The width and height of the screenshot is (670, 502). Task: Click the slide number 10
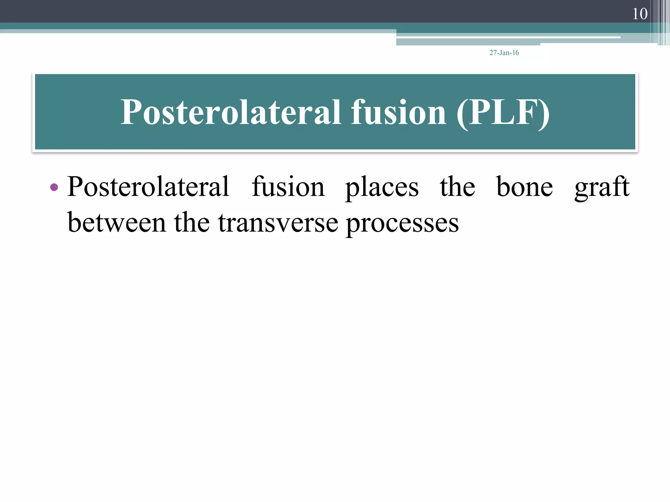click(640, 14)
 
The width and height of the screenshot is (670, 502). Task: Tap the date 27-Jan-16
click(504, 53)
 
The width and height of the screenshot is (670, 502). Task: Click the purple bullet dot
click(54, 187)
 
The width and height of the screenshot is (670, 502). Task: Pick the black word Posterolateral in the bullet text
click(148, 187)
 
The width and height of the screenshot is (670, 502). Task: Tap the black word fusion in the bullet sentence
click(288, 187)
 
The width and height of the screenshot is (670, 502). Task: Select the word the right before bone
click(457, 187)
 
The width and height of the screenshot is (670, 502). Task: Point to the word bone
click(524, 187)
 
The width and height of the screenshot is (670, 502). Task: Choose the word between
click(116, 222)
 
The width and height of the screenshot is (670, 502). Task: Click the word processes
click(402, 224)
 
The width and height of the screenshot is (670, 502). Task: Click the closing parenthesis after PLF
click(544, 112)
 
